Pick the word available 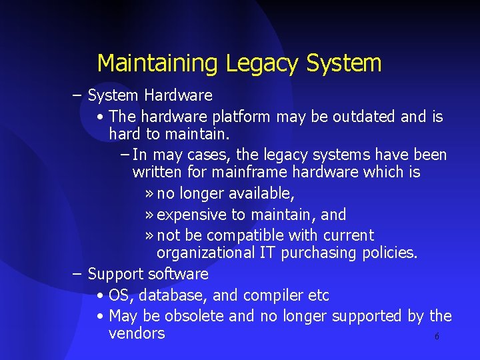tap(261, 194)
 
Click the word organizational tap(205, 253)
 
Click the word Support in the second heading tap(115, 274)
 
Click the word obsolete tap(194, 316)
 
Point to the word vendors tap(137, 333)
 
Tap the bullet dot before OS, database tap(99, 295)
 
